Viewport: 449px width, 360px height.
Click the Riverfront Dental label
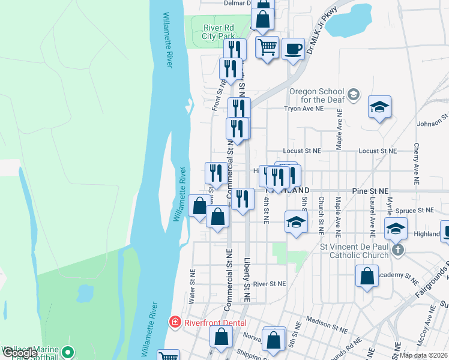pyautogui.click(x=215, y=322)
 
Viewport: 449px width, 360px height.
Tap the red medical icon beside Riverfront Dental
pyautogui.click(x=175, y=322)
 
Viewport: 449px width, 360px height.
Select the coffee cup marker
pyautogui.click(x=292, y=48)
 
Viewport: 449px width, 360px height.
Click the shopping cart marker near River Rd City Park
pyautogui.click(x=267, y=46)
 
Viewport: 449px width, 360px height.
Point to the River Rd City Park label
pyautogui.click(x=217, y=32)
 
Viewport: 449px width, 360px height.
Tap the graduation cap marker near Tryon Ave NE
pyautogui.click(x=379, y=107)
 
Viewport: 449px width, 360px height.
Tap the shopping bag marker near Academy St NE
pyautogui.click(x=367, y=277)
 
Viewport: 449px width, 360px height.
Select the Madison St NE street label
pyautogui.click(x=327, y=325)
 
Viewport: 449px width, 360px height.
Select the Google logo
pyautogui.click(x=19, y=353)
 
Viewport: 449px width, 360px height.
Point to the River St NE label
pyautogui.click(x=269, y=283)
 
